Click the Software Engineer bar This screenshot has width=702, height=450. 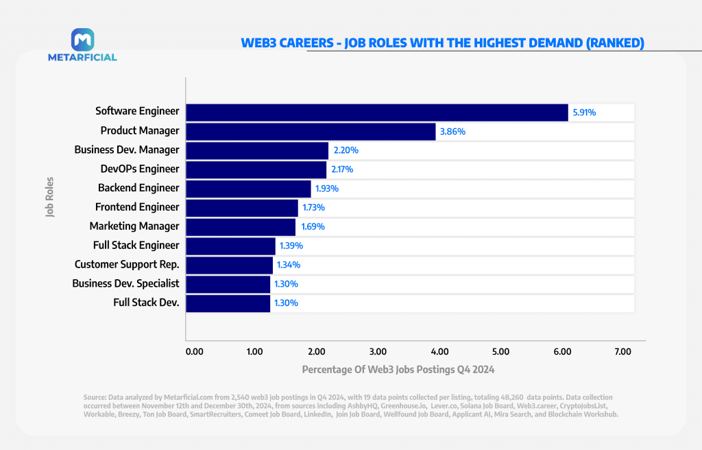377,112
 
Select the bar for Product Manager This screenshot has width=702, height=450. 311,131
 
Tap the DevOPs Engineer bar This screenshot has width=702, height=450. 256,169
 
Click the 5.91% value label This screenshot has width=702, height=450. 584,112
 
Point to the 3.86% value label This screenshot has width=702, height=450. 452,131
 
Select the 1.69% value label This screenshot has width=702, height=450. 311,227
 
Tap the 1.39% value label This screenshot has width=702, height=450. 291,246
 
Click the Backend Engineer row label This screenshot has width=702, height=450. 138,188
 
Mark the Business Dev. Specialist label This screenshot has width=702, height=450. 125,284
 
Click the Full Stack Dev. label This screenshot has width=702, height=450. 146,303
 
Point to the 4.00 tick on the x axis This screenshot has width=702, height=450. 439,352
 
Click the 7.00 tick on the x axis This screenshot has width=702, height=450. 622,352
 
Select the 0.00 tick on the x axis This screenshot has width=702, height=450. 195,352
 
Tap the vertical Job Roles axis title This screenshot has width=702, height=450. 50,198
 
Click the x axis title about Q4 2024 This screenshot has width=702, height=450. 398,369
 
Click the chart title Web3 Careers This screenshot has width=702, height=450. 442,43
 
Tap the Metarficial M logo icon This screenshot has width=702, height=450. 82,39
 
